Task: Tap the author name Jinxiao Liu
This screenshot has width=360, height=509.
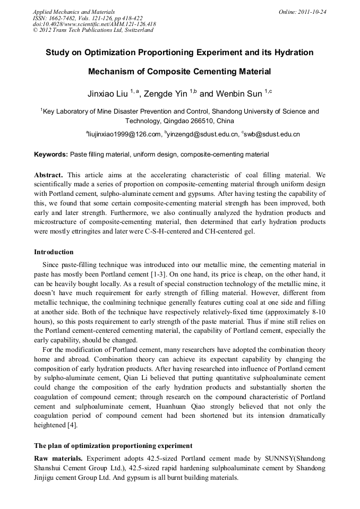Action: [x=108, y=94]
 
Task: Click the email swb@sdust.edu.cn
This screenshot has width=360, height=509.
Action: [x=272, y=135]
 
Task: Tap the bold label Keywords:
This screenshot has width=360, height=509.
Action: [x=51, y=154]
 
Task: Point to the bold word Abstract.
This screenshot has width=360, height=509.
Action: [x=49, y=175]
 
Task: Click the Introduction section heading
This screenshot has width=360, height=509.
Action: [x=54, y=252]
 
